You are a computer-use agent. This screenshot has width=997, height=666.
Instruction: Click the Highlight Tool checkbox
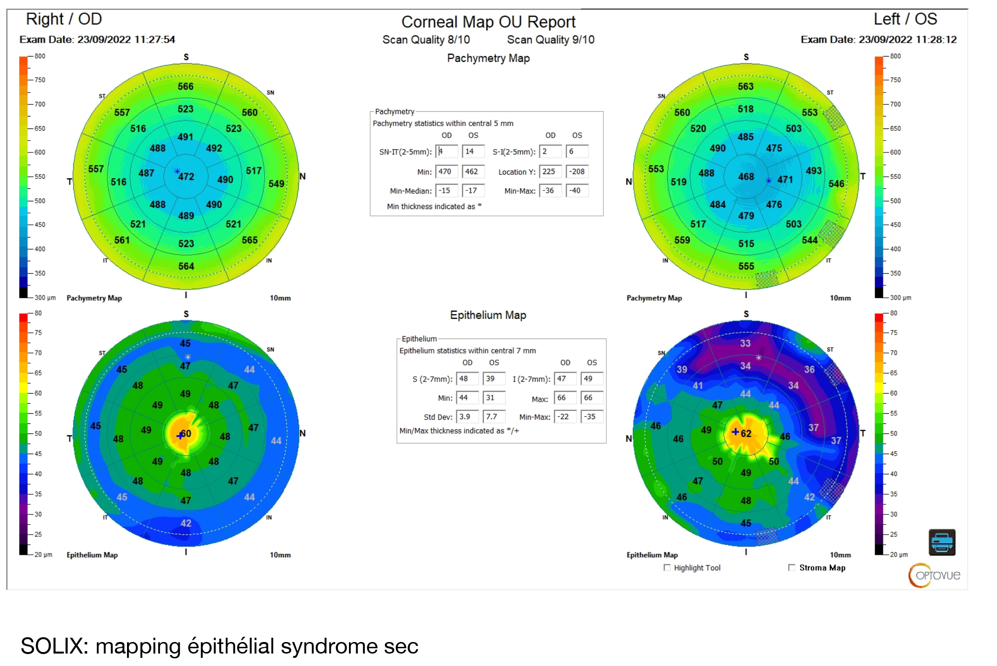coord(667,568)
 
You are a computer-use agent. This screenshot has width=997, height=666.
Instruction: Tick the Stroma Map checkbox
coord(791,568)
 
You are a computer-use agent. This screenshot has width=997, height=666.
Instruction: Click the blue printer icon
coord(942,542)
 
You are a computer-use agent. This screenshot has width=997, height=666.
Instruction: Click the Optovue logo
coord(935,575)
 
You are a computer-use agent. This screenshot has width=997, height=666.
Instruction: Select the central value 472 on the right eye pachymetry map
coord(186,176)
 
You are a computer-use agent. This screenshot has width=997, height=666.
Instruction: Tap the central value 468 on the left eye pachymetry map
coord(746,176)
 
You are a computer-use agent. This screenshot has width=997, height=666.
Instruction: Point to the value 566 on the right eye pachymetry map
coord(186,86)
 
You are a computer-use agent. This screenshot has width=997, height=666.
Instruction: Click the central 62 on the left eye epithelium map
coord(746,433)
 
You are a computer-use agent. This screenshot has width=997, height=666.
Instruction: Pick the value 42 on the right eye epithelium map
coord(186,523)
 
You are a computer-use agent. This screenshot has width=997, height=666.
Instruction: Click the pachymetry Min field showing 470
coord(446,172)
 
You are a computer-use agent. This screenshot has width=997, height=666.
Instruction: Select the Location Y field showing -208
coord(577,172)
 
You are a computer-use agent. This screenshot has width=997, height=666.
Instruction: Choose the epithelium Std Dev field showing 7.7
coord(494,417)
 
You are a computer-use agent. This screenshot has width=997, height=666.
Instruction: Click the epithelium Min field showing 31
coord(494,397)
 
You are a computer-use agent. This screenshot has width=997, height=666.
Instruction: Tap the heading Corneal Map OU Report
coord(488,22)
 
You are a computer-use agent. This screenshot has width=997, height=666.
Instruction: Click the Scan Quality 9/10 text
coord(551,40)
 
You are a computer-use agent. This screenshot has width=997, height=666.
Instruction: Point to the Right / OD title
coord(64,19)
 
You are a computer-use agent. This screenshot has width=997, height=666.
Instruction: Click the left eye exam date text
coord(879,39)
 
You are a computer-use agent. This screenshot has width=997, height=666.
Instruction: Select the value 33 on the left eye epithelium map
coord(745,343)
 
